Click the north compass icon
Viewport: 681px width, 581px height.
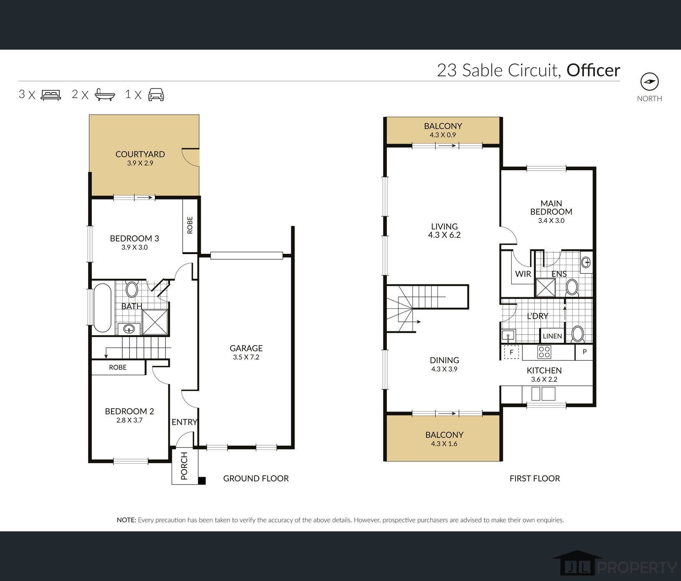[x=649, y=82]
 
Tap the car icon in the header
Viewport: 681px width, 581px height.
[x=156, y=95]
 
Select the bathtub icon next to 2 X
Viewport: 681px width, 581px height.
[x=105, y=95]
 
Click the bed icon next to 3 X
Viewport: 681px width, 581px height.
[x=51, y=95]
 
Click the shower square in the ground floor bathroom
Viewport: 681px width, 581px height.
[x=155, y=322]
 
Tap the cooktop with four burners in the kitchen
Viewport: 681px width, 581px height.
[x=544, y=352]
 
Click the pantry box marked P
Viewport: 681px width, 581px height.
[x=584, y=352]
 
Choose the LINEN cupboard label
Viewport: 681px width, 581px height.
[x=552, y=336]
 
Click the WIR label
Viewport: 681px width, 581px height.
[x=523, y=274]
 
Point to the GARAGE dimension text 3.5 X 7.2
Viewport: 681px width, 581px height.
[x=246, y=357]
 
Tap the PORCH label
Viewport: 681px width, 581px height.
[x=184, y=466]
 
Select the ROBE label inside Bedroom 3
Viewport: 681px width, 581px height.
[x=190, y=225]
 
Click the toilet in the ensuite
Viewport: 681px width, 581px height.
[x=572, y=288]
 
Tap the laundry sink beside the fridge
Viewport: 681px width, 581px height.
[x=508, y=335]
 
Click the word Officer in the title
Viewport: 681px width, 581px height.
[x=593, y=70]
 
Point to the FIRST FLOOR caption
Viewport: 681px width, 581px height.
[x=535, y=478]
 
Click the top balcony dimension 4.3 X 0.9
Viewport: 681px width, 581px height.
[x=443, y=135]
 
